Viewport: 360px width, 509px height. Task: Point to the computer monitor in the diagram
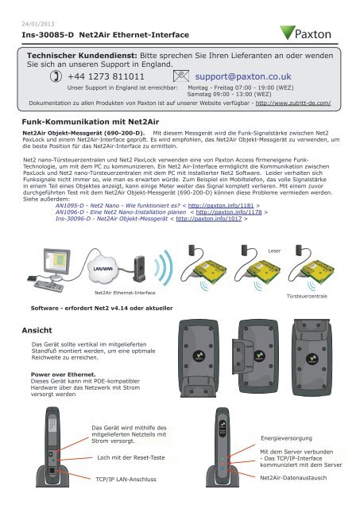(39, 267)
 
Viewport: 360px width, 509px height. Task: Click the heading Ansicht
(37, 328)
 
